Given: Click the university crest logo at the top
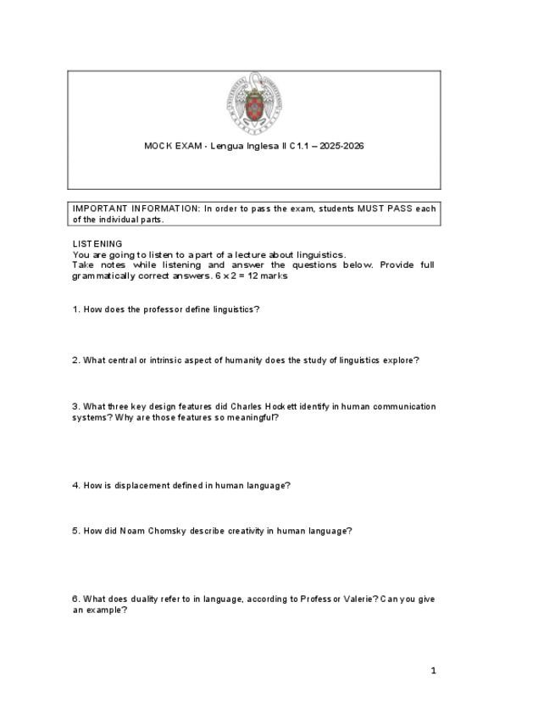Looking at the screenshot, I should (253, 103).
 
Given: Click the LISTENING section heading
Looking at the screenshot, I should (97, 243).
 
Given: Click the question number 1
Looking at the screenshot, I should (75, 309).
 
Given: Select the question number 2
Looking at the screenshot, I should (75, 360).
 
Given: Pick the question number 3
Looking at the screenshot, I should (75, 407).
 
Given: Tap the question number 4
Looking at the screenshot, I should (75, 486).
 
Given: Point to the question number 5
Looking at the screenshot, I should (75, 532).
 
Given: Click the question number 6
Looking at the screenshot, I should (75, 599).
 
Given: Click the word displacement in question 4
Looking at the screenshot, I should (145, 486).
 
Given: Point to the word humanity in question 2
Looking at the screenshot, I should (241, 360).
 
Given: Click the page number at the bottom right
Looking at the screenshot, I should (433, 672).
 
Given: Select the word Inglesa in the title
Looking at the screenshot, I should (266, 146).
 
